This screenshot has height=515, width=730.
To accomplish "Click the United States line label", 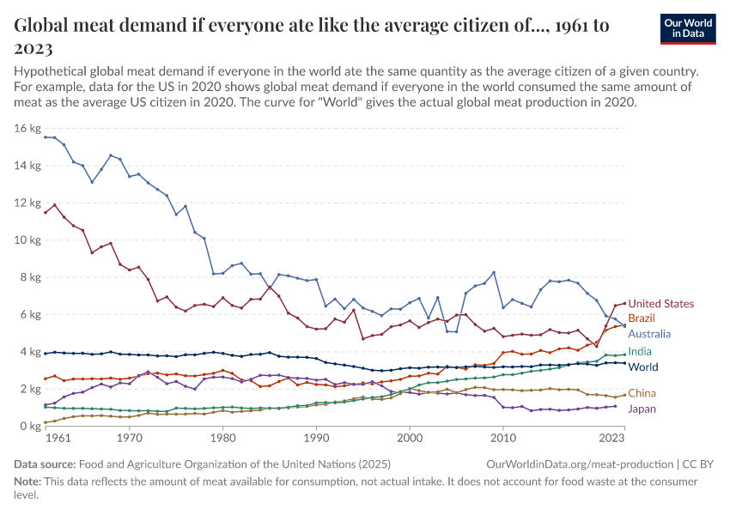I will tap(661, 304).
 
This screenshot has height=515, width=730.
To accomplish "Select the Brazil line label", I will tap(642, 318).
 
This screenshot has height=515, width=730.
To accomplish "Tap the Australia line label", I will tap(649, 334).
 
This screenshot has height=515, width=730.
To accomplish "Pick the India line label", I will tap(640, 352).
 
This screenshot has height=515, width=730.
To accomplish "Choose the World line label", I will tap(643, 367).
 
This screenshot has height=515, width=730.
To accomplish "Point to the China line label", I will tap(642, 394).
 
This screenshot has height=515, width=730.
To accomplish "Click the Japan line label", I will tap(642, 409).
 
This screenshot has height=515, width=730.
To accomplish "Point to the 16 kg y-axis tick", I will tap(27, 129).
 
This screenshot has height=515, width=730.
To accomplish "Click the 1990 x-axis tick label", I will tap(317, 438).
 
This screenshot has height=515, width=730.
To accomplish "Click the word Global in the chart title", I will tap(43, 25).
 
